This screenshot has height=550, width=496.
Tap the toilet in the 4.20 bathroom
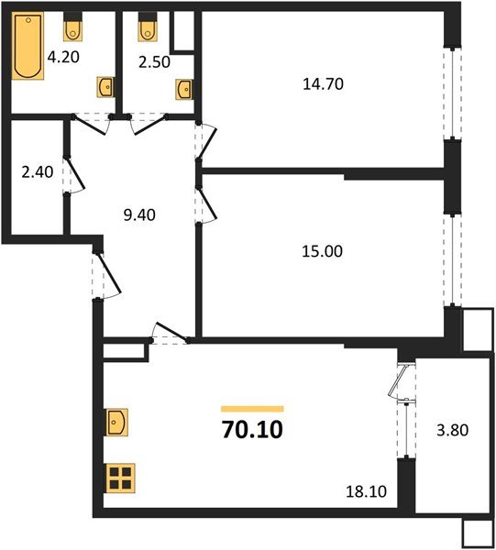74,31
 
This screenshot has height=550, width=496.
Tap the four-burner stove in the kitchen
119,478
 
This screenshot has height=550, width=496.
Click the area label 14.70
321,83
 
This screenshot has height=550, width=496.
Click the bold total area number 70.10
252,429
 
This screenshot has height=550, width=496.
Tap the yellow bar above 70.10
252,408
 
